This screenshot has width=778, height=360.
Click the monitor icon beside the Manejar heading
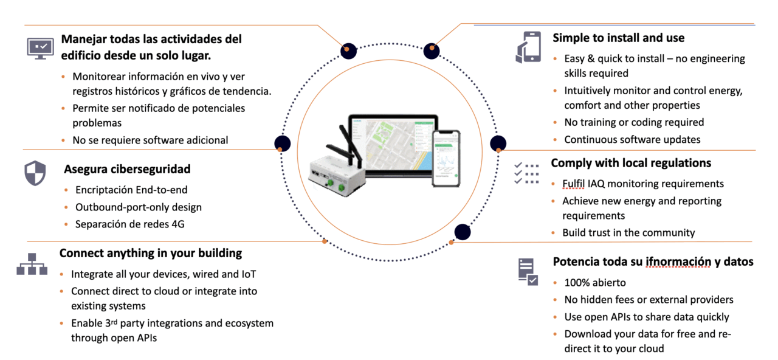pyautogui.click(x=40, y=48)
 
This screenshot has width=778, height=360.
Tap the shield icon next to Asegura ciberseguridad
pyautogui.click(x=35, y=173)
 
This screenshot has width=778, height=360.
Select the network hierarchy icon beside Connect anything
pyautogui.click(x=32, y=264)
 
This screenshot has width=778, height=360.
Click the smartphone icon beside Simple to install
pyautogui.click(x=528, y=47)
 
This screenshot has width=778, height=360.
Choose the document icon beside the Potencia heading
pyautogui.click(x=527, y=272)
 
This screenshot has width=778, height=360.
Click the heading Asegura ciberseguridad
pyautogui.click(x=127, y=169)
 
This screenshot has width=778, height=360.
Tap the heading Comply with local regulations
pyautogui.click(x=631, y=163)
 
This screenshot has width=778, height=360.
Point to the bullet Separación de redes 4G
pyautogui.click(x=129, y=224)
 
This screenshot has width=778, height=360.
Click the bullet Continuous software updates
pyautogui.click(x=632, y=139)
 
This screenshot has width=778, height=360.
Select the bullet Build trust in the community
pyautogui.click(x=629, y=232)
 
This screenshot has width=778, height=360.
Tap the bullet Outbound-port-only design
pyautogui.click(x=138, y=207)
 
